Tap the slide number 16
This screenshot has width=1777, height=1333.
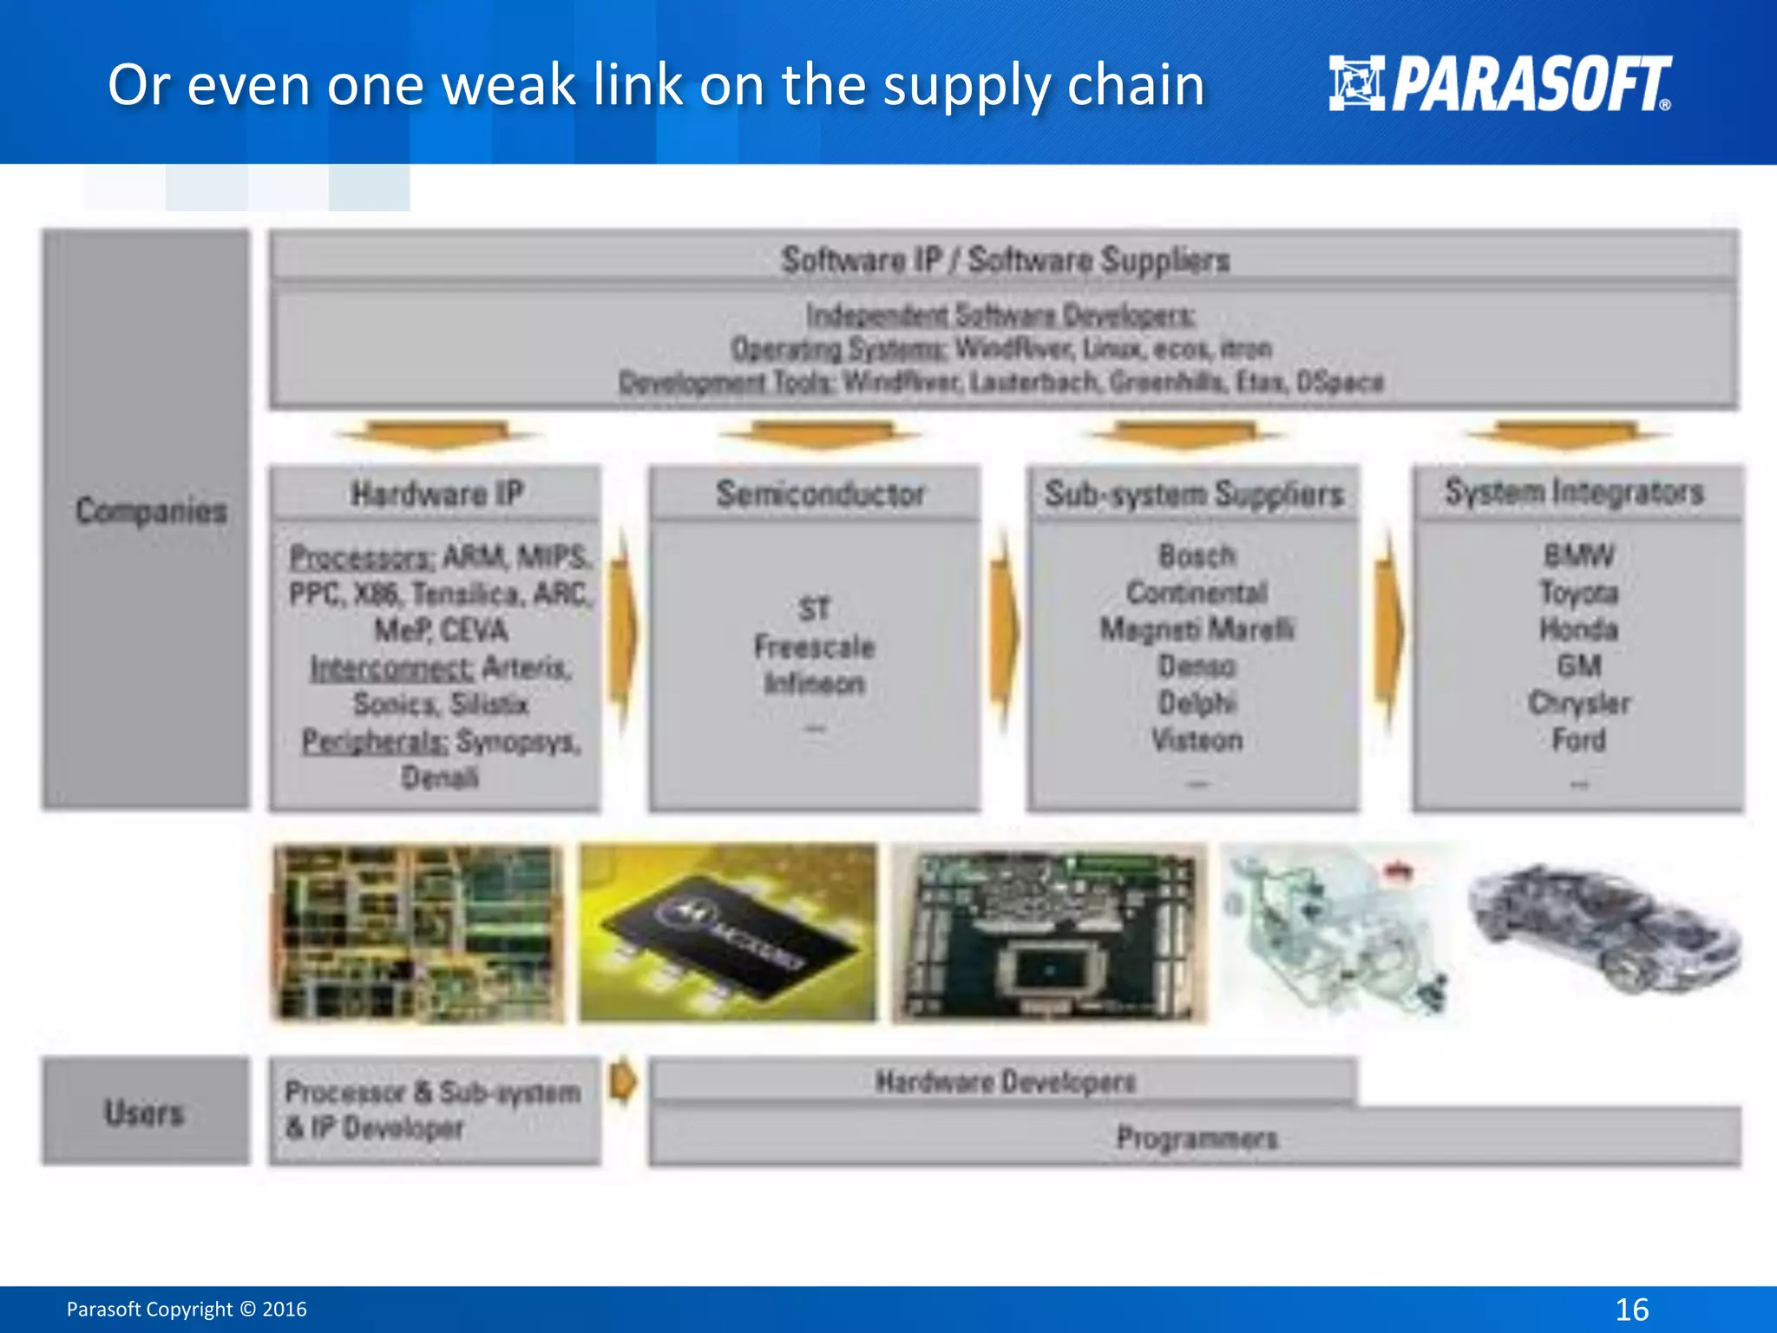(x=1631, y=1309)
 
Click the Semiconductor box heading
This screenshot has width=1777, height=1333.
(x=820, y=494)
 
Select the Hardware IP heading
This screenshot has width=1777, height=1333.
(x=436, y=494)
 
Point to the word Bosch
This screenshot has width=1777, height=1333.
(x=1197, y=555)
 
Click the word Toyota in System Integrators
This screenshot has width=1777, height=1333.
(x=1578, y=593)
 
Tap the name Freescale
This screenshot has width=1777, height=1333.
(x=814, y=647)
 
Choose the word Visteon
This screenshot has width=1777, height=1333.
(x=1197, y=740)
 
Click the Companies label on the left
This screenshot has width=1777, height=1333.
(x=151, y=511)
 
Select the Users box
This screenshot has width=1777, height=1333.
(x=145, y=1112)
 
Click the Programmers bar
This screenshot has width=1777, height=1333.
(x=1197, y=1138)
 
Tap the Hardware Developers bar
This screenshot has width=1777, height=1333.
(x=1005, y=1081)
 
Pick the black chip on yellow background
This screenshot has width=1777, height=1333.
(x=727, y=933)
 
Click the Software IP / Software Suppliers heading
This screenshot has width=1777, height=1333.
(x=1005, y=259)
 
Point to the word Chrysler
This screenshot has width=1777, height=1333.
(x=1578, y=703)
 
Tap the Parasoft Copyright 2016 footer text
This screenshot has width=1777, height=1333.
(x=187, y=1309)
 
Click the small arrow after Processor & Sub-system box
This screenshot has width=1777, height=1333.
(x=623, y=1081)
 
